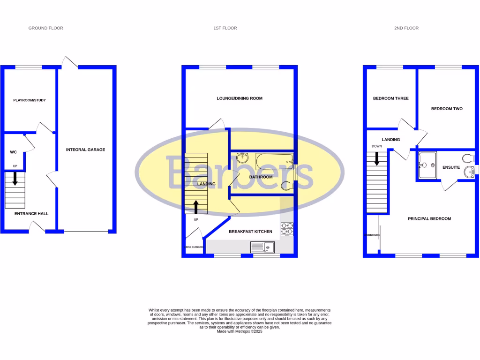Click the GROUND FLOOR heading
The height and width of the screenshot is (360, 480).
(45, 28)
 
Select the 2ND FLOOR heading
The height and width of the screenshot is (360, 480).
(406, 28)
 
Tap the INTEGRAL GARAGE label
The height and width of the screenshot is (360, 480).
(85, 150)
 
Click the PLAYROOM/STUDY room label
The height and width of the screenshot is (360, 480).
(29, 100)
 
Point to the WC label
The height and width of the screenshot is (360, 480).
(14, 152)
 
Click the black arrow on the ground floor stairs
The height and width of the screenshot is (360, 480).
(15, 178)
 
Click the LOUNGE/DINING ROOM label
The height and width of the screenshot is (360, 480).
(239, 98)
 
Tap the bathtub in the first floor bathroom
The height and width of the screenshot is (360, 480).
(274, 162)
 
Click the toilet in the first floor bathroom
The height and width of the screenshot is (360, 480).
(287, 186)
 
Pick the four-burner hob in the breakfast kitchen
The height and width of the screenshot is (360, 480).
(287, 229)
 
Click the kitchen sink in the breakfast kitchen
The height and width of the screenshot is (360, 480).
(262, 247)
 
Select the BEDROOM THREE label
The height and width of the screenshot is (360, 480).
(390, 98)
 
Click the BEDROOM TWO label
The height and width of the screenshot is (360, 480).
(446, 108)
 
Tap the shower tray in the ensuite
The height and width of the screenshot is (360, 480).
(427, 165)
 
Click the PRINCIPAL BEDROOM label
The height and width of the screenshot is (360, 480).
(429, 218)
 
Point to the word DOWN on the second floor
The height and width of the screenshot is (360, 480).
(376, 146)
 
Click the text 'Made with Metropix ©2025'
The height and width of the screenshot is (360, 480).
(240, 331)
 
